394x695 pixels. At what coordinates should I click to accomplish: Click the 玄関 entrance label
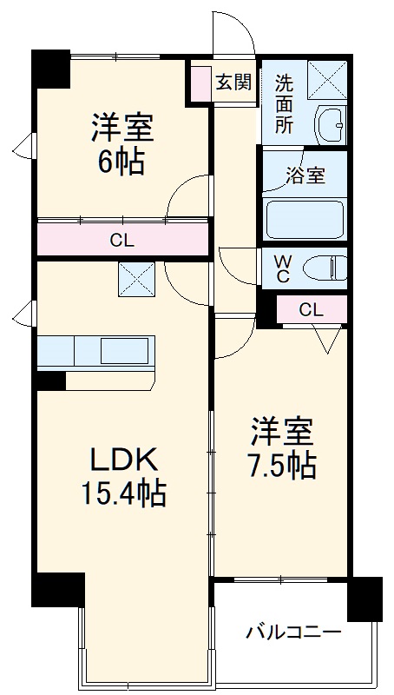click(233, 83)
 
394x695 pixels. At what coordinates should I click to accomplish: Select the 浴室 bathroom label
click(305, 175)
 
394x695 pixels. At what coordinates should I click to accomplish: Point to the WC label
click(283, 268)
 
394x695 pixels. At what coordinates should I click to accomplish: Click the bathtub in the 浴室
click(305, 219)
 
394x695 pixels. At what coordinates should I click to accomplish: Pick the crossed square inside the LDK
click(136, 279)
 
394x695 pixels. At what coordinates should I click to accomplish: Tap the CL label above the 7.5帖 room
click(311, 309)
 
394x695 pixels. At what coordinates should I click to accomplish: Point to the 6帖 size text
click(121, 162)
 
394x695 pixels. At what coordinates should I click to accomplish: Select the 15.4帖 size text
click(123, 493)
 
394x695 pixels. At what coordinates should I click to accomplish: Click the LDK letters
click(123, 458)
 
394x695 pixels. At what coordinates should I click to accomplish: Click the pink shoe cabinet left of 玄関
click(201, 83)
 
